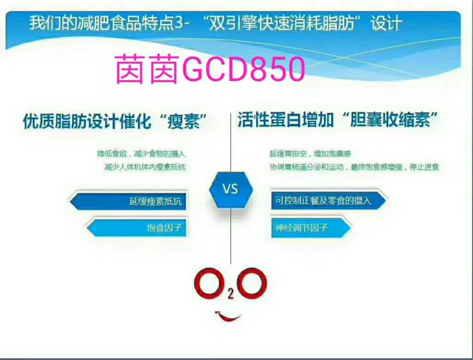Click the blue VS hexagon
click(x=231, y=189)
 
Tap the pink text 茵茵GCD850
click(x=210, y=69)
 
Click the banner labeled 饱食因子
click(x=138, y=227)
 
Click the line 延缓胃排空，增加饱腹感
click(x=313, y=154)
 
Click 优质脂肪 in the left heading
click(x=54, y=122)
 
